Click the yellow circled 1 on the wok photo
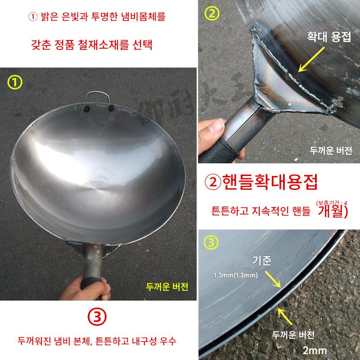[15, 82]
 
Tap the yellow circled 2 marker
[212, 13]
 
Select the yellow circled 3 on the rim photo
[211, 243]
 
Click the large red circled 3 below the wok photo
[97, 317]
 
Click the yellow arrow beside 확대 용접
[311, 60]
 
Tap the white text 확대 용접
[329, 37]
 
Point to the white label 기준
[262, 261]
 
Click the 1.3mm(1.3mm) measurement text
[236, 275]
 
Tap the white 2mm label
[315, 351]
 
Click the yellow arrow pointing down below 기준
[273, 279]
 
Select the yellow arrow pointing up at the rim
[285, 316]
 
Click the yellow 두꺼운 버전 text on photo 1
[167, 287]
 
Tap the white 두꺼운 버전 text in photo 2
[331, 150]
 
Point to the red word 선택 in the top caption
[142, 45]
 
